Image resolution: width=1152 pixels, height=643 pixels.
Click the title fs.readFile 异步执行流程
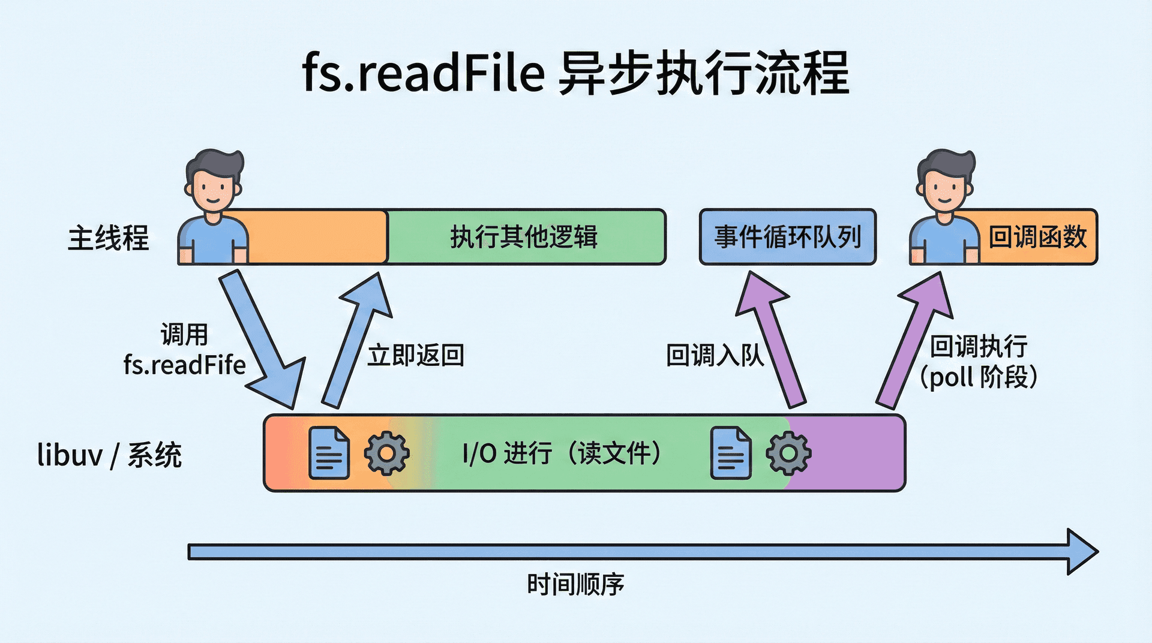tap(575, 73)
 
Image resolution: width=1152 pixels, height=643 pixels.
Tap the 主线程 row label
tap(108, 238)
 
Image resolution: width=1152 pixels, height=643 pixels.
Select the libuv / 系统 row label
tap(109, 455)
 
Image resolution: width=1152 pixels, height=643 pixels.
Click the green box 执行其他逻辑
tap(524, 237)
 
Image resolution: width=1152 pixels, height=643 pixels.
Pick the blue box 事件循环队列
tap(787, 237)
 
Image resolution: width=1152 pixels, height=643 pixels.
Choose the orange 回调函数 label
tap(1037, 237)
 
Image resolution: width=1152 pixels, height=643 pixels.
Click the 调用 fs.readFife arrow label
tap(185, 350)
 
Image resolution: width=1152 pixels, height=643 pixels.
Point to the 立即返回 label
tap(416, 356)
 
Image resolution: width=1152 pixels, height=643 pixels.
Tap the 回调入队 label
tap(714, 356)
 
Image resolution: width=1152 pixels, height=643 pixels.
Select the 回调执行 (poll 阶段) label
tap(979, 362)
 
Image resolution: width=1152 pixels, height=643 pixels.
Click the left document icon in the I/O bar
tap(329, 453)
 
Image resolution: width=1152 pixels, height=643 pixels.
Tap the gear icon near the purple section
tap(788, 453)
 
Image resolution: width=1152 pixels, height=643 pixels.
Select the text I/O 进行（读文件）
tap(562, 453)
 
